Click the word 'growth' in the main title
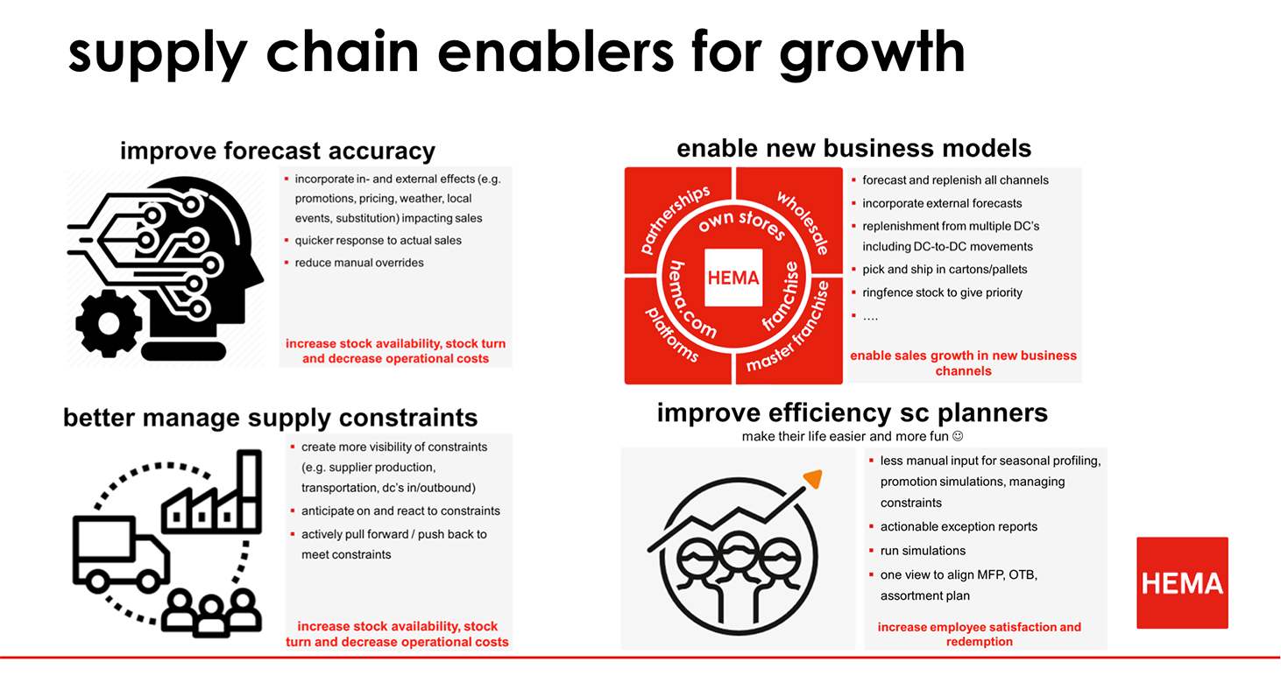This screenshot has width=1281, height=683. click(x=872, y=54)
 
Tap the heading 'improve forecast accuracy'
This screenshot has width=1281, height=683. click(x=278, y=151)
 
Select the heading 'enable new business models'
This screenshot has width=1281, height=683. click(x=853, y=148)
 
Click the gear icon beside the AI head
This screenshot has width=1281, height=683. click(x=109, y=323)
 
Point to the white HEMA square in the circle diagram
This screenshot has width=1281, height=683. click(x=733, y=278)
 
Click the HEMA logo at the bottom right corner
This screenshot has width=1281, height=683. click(x=1182, y=582)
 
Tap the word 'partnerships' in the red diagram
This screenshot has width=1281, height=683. click(x=675, y=220)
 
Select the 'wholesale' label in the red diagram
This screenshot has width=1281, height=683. click(x=803, y=223)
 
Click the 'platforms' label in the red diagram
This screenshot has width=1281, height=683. click(x=672, y=334)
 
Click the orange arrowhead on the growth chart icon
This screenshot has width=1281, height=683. click(x=813, y=479)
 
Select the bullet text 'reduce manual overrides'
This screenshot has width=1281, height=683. click(x=359, y=263)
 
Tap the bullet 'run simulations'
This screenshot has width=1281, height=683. click(x=923, y=551)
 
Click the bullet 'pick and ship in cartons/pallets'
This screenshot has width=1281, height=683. click(x=945, y=269)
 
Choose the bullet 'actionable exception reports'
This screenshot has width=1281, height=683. click(x=959, y=526)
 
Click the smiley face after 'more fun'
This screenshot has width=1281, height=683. click(x=958, y=436)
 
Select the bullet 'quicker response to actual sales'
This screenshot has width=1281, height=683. click(x=378, y=241)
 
